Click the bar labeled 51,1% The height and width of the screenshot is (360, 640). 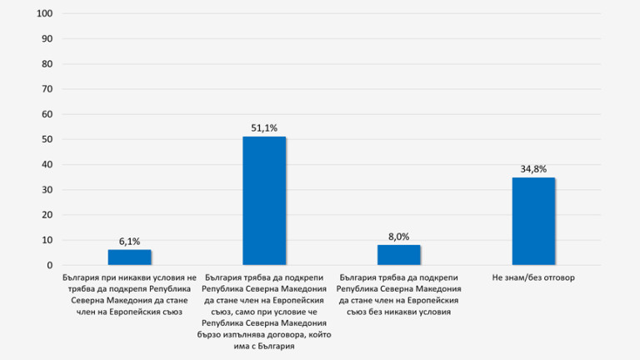click(x=264, y=201)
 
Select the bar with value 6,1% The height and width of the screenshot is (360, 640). click(x=129, y=257)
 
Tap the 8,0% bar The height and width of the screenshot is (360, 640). click(x=398, y=254)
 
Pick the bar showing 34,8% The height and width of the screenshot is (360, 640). click(x=533, y=221)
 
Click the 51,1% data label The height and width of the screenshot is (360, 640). click(x=264, y=127)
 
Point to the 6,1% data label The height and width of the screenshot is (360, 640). click(x=129, y=241)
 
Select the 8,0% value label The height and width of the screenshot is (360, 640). click(x=398, y=236)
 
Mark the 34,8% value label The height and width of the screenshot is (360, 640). click(x=533, y=169)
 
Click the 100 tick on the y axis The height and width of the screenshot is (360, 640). click(x=46, y=14)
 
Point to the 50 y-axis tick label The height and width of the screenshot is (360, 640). click(x=47, y=140)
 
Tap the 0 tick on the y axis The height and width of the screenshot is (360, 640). click(x=50, y=265)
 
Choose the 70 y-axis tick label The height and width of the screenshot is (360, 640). click(x=47, y=89)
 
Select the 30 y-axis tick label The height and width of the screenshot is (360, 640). click(x=47, y=190)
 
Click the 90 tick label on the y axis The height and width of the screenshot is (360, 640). click(x=47, y=39)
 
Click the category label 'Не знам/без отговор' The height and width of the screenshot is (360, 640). click(x=533, y=277)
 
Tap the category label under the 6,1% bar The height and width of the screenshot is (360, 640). click(x=129, y=288)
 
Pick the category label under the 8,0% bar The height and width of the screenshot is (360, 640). click(x=398, y=294)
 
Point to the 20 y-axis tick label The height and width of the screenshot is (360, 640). click(x=47, y=215)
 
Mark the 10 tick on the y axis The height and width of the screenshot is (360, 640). click(x=47, y=240)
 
